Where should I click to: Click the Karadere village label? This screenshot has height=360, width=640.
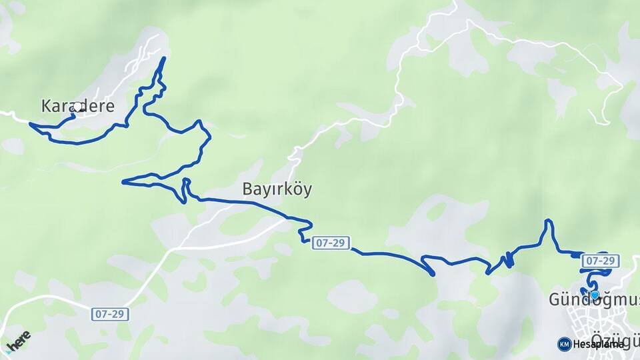coord(78,106)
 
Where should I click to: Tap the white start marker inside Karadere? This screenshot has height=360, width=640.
coord(77,107)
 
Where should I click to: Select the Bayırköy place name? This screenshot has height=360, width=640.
coord(277,190)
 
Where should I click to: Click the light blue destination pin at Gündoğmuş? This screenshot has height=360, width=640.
coord(594,295)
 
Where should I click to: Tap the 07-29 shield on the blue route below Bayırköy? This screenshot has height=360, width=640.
coord(330,243)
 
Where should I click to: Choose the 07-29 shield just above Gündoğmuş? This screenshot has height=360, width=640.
coord(601,260)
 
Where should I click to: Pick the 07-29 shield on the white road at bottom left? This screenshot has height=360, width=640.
coord(110,313)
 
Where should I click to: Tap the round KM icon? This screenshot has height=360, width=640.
coord(564,344)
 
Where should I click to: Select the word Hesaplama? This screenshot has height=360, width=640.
coord(599,344)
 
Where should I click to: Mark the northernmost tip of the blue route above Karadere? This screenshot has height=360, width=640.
coord(164,58)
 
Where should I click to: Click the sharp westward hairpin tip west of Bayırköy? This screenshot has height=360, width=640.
coord(123,181)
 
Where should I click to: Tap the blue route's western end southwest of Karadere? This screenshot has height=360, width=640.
coord(31,123)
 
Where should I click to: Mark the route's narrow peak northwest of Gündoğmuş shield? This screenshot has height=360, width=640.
coord(548,221)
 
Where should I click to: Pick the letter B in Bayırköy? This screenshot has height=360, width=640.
coord(247,190)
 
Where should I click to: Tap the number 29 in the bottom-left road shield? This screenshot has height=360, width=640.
coord(117,313)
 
